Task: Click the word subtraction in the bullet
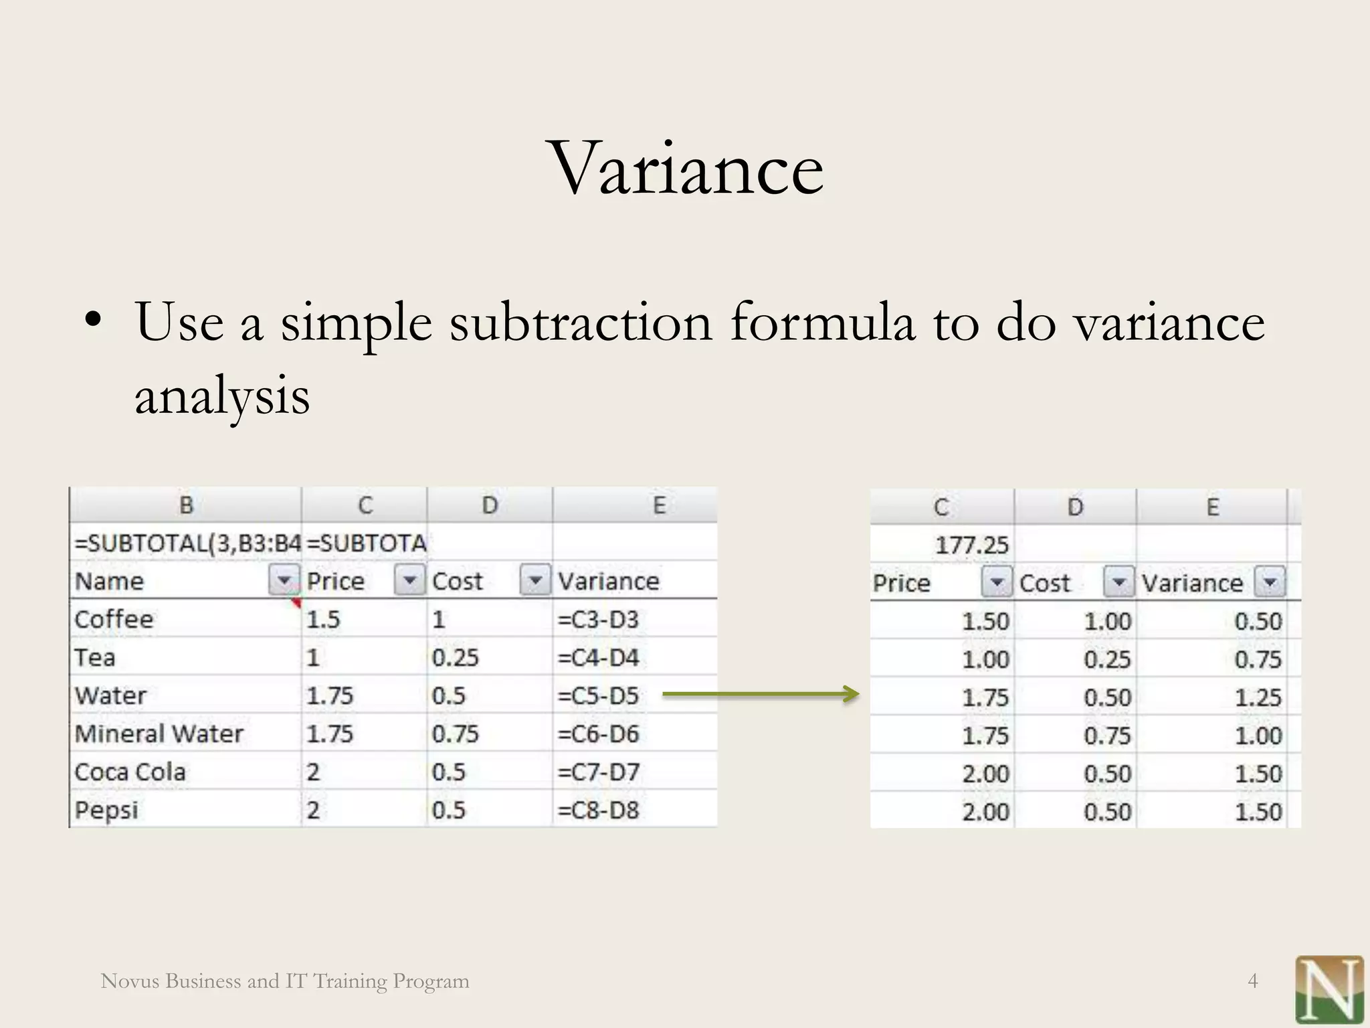(x=581, y=323)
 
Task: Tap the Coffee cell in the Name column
(x=114, y=619)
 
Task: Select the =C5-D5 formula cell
(x=598, y=696)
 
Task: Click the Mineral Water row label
(x=159, y=734)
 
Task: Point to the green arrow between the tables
(x=760, y=695)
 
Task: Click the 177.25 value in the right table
(x=971, y=545)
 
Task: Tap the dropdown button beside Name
(x=284, y=580)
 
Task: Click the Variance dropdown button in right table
(x=1270, y=582)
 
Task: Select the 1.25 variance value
(x=1258, y=698)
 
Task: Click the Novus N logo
(x=1329, y=989)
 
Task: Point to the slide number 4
(x=1253, y=981)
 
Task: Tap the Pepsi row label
(x=107, y=810)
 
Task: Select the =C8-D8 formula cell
(x=598, y=810)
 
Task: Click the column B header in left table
(x=186, y=505)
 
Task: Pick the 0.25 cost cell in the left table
(x=455, y=658)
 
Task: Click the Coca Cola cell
(x=130, y=772)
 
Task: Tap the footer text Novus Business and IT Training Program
(x=285, y=981)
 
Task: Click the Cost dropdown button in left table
(x=535, y=580)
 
